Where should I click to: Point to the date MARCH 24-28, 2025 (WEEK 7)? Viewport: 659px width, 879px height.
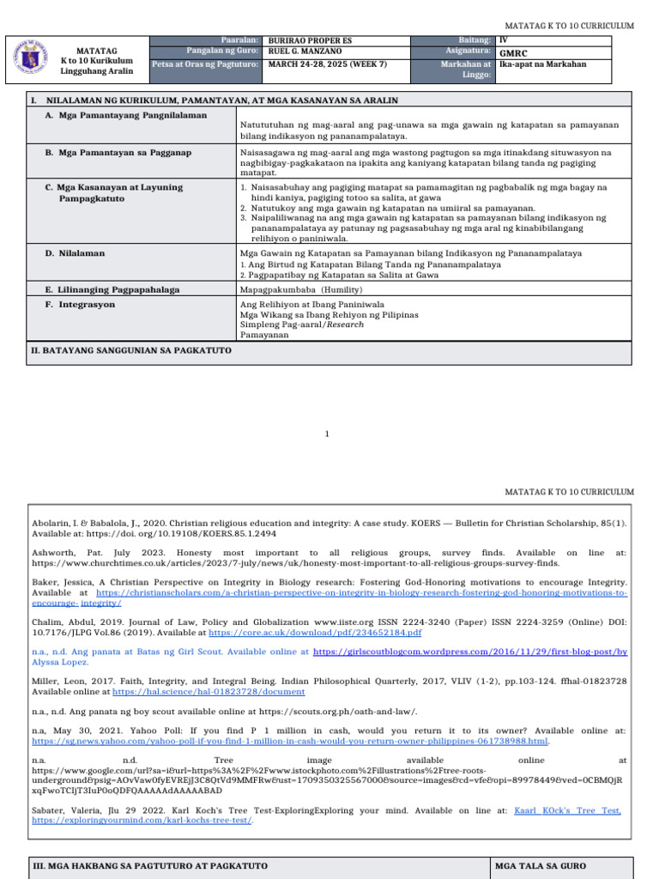point(321,64)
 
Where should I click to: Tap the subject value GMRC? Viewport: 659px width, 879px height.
point(512,52)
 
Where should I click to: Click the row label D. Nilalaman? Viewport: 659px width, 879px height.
point(75,254)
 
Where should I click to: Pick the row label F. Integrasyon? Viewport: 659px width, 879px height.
point(80,305)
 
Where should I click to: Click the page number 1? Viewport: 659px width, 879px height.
point(327,434)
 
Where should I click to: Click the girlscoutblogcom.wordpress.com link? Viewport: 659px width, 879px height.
point(470,652)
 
